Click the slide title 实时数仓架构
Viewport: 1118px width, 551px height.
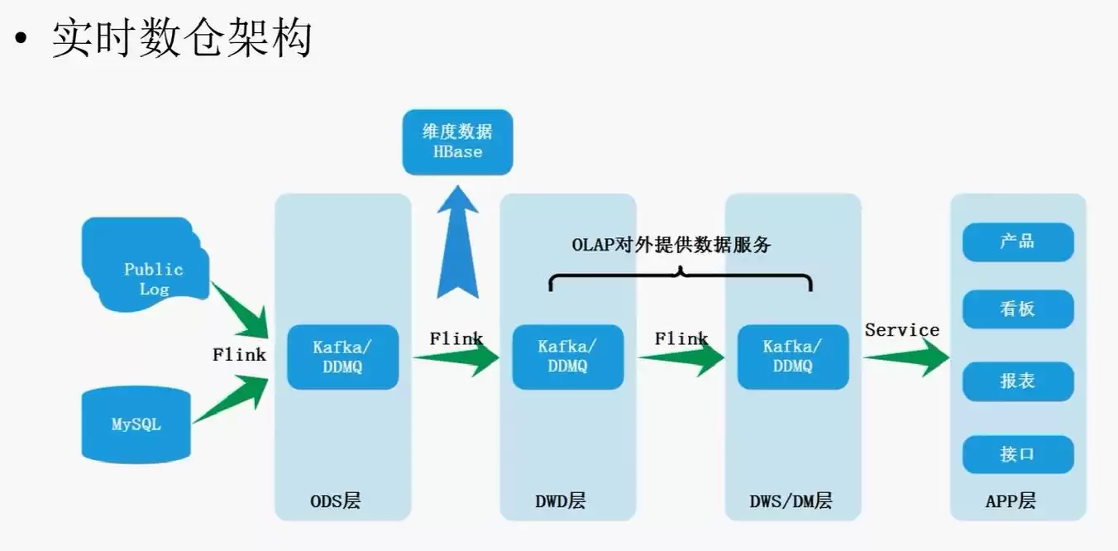182,39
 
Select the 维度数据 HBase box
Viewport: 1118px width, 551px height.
457,141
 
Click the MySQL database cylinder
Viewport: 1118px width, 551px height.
136,424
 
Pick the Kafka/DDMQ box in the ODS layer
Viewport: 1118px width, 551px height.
342,357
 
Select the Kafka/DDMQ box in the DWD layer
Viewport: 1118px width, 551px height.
567,357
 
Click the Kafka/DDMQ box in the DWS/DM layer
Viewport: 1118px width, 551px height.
792,357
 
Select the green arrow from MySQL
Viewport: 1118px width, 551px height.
236,400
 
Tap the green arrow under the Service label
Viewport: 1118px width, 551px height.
905,357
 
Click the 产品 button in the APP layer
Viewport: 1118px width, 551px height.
1017,242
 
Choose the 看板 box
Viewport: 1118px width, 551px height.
1017,309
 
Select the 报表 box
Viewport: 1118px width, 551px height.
1017,381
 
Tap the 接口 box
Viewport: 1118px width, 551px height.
1017,453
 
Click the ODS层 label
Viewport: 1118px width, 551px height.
335,501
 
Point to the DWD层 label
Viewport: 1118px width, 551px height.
560,501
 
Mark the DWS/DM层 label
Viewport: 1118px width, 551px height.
791,501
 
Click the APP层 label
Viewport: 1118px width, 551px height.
1010,501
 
